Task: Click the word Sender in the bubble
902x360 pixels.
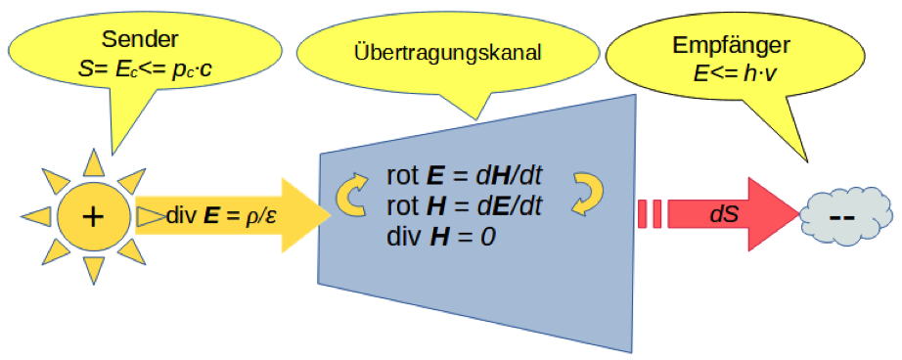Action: (x=140, y=40)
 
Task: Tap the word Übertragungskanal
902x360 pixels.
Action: (x=448, y=53)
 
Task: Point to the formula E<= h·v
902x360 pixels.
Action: (x=732, y=73)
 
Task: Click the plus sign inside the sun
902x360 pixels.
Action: (x=93, y=216)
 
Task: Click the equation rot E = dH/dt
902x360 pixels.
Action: (x=465, y=176)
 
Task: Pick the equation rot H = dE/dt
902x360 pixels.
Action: (x=465, y=206)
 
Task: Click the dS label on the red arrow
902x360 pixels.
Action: (x=724, y=215)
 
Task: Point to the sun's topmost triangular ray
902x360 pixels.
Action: (x=94, y=164)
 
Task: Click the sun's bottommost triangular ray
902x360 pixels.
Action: (x=94, y=269)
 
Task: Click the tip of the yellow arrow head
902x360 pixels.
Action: (x=332, y=215)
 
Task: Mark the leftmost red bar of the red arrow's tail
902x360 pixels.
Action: (x=643, y=215)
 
